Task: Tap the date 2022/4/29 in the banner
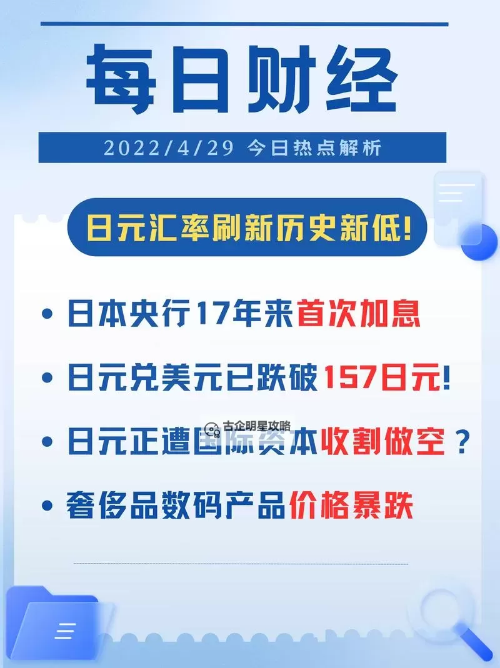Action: [168, 148]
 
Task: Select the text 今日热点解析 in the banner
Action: [313, 148]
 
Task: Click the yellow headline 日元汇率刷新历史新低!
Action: [249, 227]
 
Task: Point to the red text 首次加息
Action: [358, 313]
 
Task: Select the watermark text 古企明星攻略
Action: [256, 427]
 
